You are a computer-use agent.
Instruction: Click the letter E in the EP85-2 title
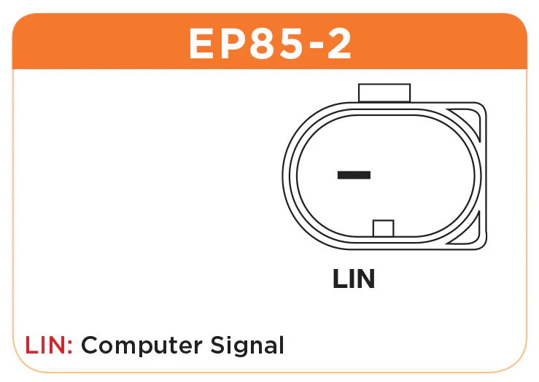pyautogui.click(x=202, y=44)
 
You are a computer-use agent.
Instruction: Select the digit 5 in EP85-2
pyautogui.click(x=290, y=44)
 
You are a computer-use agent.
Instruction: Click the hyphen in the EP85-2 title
pyautogui.click(x=313, y=47)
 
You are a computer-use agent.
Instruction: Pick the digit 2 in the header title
pyautogui.click(x=338, y=44)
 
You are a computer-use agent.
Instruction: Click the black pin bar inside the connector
pyautogui.click(x=354, y=175)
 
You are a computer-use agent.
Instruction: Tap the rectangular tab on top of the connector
pyautogui.click(x=384, y=93)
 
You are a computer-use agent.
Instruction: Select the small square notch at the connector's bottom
pyautogui.click(x=384, y=228)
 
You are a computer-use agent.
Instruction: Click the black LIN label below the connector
pyautogui.click(x=354, y=278)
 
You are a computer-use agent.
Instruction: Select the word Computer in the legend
pyautogui.click(x=141, y=346)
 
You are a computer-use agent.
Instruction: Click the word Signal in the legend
pyautogui.click(x=247, y=346)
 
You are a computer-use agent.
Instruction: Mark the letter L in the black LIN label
pyautogui.click(x=340, y=278)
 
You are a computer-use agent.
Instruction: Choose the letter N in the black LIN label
pyautogui.click(x=365, y=278)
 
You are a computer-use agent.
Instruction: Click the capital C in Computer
pyautogui.click(x=90, y=345)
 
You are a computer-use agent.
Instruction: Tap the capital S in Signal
pyautogui.click(x=217, y=345)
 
